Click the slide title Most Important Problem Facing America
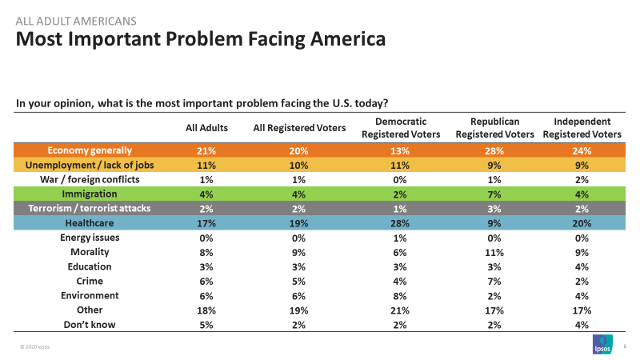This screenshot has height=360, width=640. click(x=201, y=38)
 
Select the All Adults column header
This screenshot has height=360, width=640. click(x=206, y=127)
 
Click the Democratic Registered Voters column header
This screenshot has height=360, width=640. click(x=394, y=127)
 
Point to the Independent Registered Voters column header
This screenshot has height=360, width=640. click(x=582, y=127)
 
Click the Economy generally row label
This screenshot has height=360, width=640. click(x=90, y=150)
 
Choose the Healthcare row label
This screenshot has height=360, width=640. click(x=90, y=223)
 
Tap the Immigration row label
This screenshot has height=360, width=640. click(x=90, y=194)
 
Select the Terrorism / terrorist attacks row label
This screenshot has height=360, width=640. click(x=90, y=209)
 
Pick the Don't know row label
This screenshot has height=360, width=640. click(x=90, y=324)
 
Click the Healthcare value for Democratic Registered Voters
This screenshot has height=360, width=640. click(x=394, y=223)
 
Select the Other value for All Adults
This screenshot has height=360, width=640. click(x=206, y=310)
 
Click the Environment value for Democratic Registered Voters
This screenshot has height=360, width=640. click(x=394, y=295)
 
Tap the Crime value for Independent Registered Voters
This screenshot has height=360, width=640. click(x=582, y=281)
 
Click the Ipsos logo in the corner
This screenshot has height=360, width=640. click(x=602, y=344)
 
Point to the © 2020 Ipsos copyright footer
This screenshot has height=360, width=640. click(x=35, y=346)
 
